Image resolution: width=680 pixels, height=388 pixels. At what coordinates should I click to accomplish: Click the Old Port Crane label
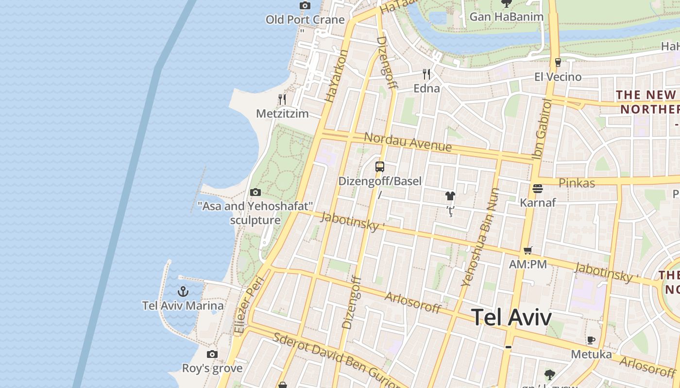pyautogui.click(x=305, y=20)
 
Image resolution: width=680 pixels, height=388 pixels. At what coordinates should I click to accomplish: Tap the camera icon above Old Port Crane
pyautogui.click(x=305, y=6)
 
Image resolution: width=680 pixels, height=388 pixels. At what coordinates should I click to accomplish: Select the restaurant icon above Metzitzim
pyautogui.click(x=282, y=99)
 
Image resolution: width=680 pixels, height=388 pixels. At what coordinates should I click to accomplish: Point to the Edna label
pyautogui.click(x=426, y=88)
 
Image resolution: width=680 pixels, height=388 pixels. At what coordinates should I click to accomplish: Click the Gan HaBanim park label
pyautogui.click(x=506, y=17)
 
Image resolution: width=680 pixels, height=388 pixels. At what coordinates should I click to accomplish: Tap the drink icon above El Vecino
pyautogui.click(x=558, y=63)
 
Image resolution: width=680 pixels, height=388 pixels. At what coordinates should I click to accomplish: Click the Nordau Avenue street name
pyautogui.click(x=408, y=142)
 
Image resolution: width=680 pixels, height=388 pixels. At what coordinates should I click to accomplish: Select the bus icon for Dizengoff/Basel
pyautogui.click(x=380, y=167)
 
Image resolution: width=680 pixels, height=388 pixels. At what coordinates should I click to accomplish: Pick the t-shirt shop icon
pyautogui.click(x=450, y=196)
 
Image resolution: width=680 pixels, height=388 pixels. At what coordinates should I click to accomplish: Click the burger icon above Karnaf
pyautogui.click(x=538, y=188)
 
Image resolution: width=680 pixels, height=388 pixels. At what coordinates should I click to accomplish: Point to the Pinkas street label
pyautogui.click(x=577, y=183)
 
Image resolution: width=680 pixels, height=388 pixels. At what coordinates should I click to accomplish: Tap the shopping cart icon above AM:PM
pyautogui.click(x=528, y=251)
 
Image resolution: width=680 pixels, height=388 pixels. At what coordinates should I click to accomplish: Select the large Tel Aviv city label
pyautogui.click(x=512, y=317)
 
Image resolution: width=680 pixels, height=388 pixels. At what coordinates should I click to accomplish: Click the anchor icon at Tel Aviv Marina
pyautogui.click(x=183, y=291)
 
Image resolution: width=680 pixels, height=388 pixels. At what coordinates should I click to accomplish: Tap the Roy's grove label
pyautogui.click(x=212, y=368)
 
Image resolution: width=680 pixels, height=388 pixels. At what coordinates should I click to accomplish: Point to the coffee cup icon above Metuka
pyautogui.click(x=591, y=340)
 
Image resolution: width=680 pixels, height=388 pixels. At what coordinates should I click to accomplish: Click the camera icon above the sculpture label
pyautogui.click(x=255, y=193)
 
